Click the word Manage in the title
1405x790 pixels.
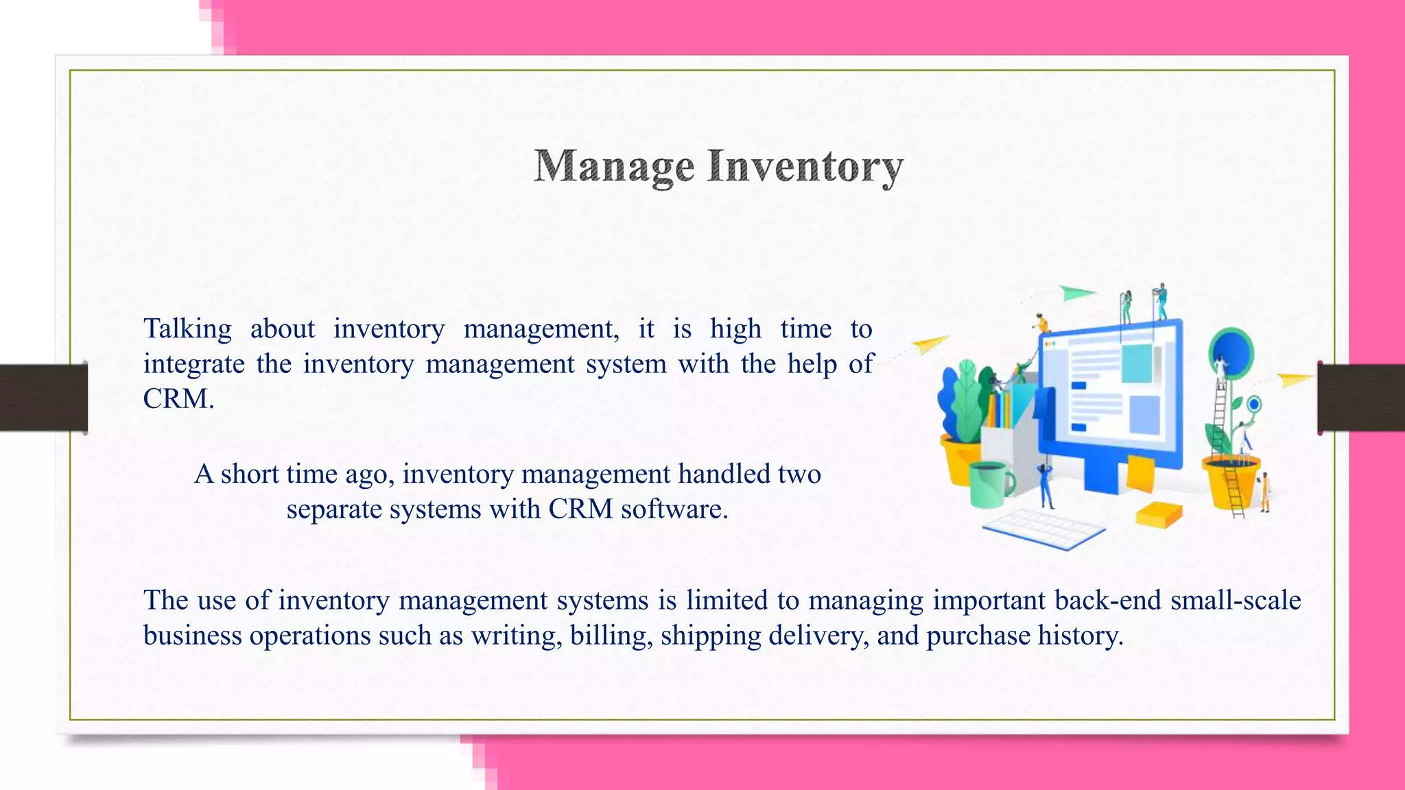[614, 167]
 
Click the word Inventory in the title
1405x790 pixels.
[805, 167]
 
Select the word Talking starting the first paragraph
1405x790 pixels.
[187, 329]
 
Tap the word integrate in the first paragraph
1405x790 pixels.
[193, 364]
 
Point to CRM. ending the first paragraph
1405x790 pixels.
[178, 399]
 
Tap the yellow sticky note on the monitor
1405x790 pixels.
[1140, 473]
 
